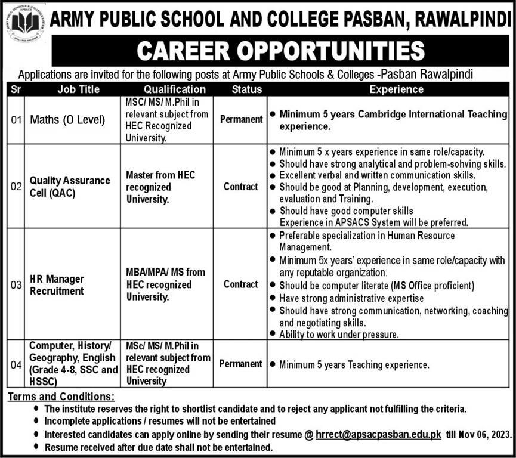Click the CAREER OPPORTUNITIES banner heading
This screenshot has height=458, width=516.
280,51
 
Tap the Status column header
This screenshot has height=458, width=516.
240,89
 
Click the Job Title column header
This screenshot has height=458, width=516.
79,89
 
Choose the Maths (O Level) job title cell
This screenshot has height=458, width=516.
67,120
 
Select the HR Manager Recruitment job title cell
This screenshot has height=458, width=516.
57,284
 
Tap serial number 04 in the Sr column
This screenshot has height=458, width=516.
16,364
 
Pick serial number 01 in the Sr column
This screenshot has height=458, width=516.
16,120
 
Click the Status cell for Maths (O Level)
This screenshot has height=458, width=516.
241,119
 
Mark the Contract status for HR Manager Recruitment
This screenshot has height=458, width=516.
241,284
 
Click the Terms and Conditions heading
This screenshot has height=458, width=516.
60,397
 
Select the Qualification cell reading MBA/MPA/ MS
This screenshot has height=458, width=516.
165,284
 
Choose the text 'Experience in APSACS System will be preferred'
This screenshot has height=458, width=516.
369,222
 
